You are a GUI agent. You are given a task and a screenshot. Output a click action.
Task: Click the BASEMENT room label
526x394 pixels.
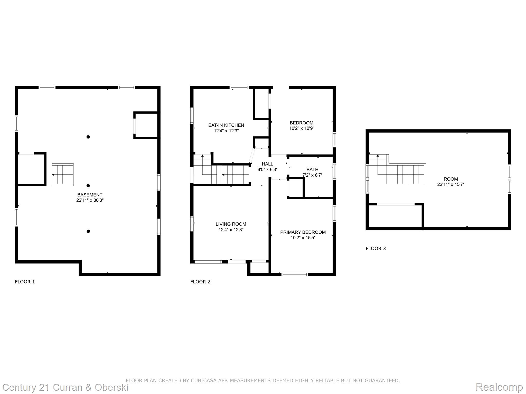[90, 195]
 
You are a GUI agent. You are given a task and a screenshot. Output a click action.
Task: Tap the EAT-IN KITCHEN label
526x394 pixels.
[226, 125]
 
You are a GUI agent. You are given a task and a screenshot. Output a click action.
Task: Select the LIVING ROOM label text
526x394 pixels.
[231, 224]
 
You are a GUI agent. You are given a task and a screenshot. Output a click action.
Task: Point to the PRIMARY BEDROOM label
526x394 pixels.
[303, 232]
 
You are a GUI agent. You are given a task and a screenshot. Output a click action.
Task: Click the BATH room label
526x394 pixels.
[312, 170]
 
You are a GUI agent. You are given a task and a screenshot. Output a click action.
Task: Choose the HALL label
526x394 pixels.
[267, 164]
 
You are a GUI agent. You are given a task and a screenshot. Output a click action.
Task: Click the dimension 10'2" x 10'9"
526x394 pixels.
[302, 128]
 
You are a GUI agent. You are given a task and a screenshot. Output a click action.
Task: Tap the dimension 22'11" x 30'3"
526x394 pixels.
[90, 200]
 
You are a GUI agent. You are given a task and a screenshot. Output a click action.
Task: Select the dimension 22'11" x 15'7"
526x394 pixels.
[451, 184]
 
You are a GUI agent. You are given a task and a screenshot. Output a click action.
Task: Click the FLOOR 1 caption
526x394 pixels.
[25, 282]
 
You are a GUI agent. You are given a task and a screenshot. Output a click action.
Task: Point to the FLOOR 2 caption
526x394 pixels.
[200, 282]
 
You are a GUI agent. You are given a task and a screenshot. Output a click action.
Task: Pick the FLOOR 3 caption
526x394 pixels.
[376, 248]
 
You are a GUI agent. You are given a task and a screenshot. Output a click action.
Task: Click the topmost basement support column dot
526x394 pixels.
[88, 137]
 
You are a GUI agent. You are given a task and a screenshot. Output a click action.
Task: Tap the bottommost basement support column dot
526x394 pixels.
[88, 231]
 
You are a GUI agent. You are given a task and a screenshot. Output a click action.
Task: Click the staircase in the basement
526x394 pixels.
[63, 175]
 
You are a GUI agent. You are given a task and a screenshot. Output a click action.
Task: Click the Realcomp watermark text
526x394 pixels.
[499, 387]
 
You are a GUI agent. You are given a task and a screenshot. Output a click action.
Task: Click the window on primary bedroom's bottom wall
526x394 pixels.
[295, 274]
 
